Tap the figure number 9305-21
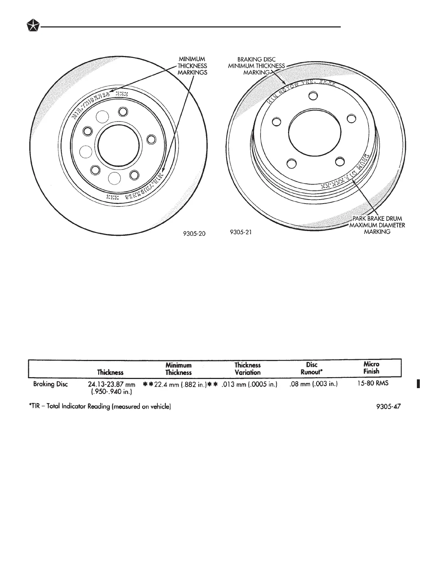point(240,232)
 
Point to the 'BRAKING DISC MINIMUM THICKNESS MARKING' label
point(256,66)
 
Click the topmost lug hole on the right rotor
point(312,96)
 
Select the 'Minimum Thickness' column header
point(178,369)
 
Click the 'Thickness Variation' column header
point(247,369)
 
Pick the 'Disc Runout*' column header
point(311,368)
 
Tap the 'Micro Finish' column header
point(372,368)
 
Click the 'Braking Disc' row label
point(50,384)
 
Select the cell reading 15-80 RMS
point(373,383)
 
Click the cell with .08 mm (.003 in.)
point(313,384)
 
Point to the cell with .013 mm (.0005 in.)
point(249,384)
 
